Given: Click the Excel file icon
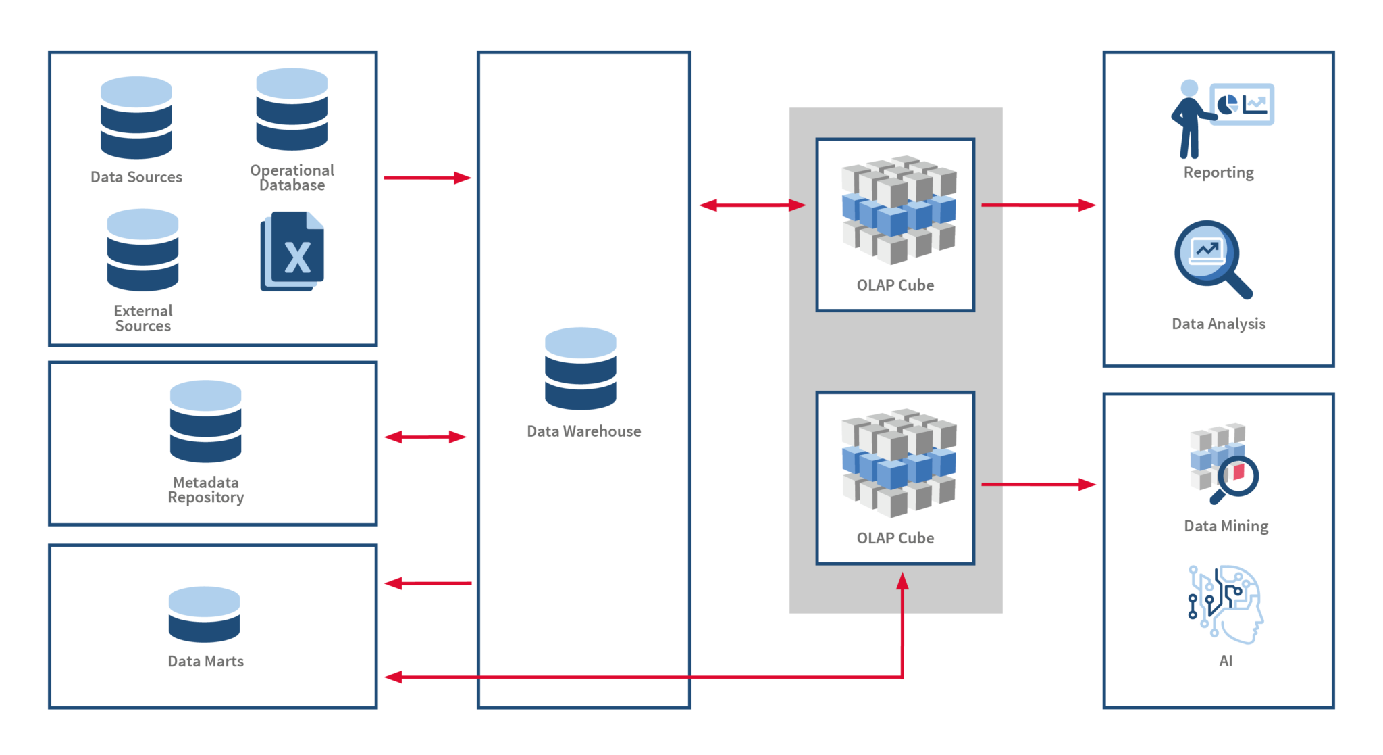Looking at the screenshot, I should click(x=292, y=251).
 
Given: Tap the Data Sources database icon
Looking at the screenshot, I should click(x=136, y=118).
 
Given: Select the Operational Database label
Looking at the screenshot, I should click(x=292, y=178).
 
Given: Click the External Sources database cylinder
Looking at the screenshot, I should click(x=142, y=249).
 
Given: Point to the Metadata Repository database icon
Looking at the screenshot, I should click(x=205, y=421).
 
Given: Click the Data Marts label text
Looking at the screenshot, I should click(x=205, y=661).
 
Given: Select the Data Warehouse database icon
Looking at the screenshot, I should click(x=580, y=368).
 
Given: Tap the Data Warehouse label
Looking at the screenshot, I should click(x=583, y=431).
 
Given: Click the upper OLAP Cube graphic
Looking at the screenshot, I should click(x=898, y=210).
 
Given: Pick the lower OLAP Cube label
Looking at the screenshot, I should click(x=895, y=538).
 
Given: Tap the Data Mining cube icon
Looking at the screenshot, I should click(x=1223, y=464).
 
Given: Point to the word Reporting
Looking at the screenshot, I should click(x=1218, y=172).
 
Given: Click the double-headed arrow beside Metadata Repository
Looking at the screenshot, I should click(x=425, y=437).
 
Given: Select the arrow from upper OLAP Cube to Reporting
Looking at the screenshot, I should click(x=1037, y=205).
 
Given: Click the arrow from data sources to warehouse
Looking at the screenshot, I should click(x=427, y=178).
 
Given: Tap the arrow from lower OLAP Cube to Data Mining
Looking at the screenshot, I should click(x=1037, y=485).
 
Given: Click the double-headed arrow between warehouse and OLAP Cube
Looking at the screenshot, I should click(x=752, y=205).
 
